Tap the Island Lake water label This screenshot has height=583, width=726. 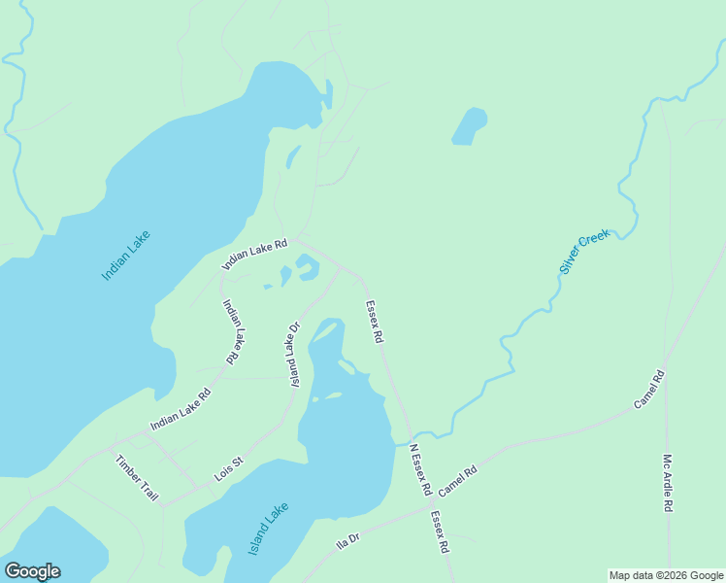click(269, 528)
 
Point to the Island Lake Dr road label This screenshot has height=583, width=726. click(291, 354)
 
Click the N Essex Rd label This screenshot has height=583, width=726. click(419, 470)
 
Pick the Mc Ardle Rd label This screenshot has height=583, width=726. click(669, 483)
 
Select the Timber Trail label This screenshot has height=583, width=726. click(137, 478)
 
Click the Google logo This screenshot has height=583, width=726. click(32, 571)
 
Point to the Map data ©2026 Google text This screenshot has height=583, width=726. click(666, 575)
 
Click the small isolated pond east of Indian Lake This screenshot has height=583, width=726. click(469, 125)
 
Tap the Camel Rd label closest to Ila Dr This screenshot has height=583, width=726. click(458, 481)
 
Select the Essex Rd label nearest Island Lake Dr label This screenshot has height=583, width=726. click(375, 322)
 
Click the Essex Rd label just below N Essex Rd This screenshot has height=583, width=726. click(441, 532)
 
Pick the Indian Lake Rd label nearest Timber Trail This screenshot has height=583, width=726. click(181, 411)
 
